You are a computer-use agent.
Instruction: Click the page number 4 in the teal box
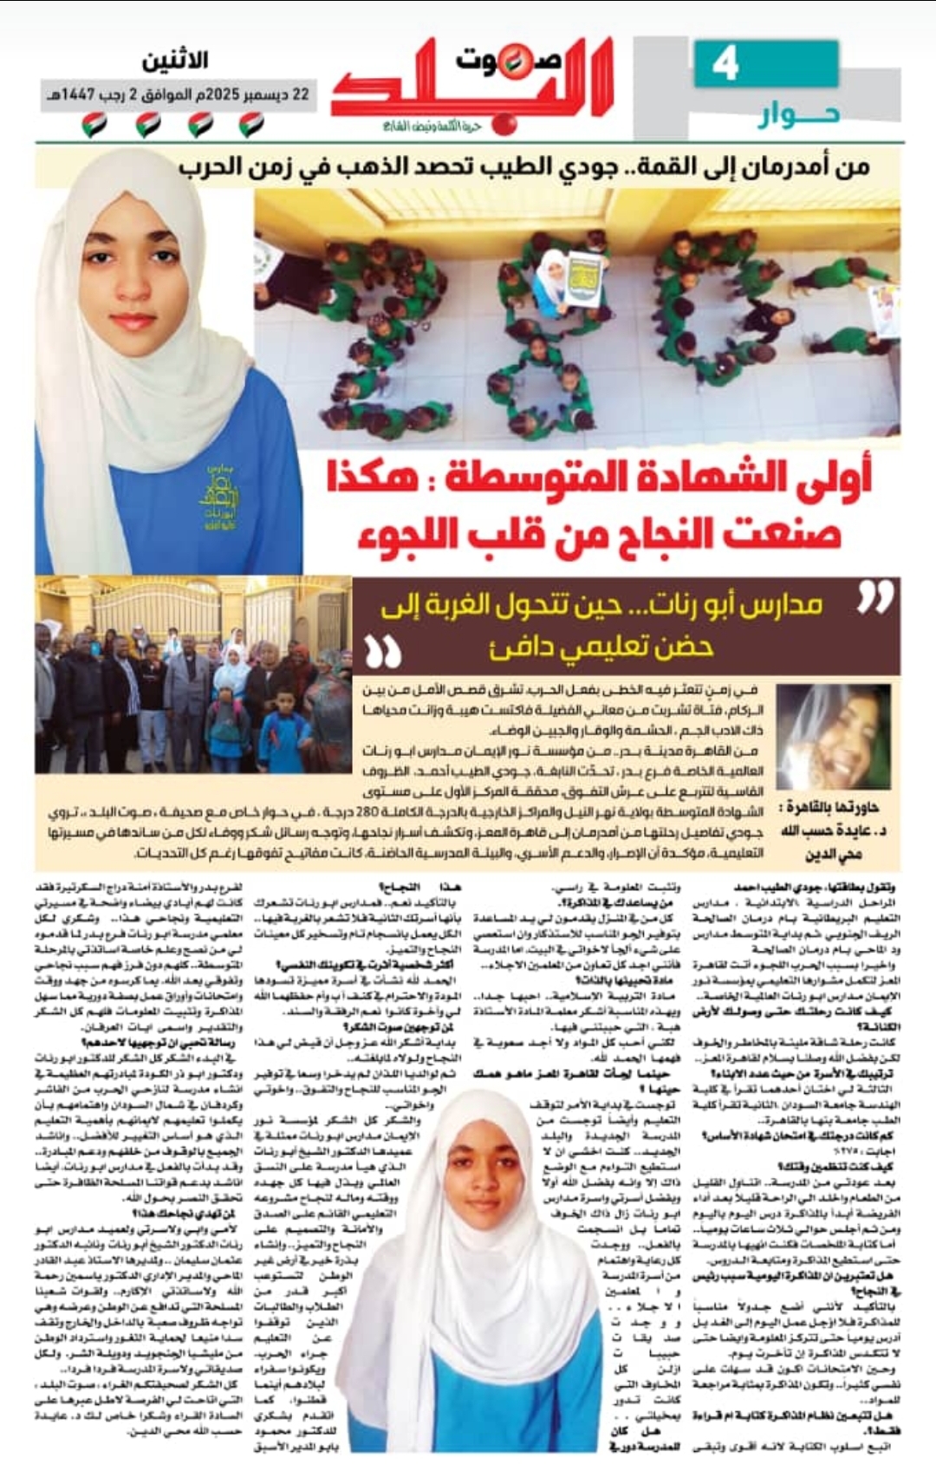click(x=725, y=65)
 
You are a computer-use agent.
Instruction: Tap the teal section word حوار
click(x=798, y=114)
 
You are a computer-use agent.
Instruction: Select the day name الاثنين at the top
click(x=175, y=61)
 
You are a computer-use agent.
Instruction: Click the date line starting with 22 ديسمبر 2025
click(x=178, y=94)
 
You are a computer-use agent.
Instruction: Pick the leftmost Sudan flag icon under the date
click(x=94, y=125)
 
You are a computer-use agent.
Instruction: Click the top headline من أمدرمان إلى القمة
click(x=524, y=166)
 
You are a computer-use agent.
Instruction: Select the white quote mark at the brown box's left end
click(x=383, y=651)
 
